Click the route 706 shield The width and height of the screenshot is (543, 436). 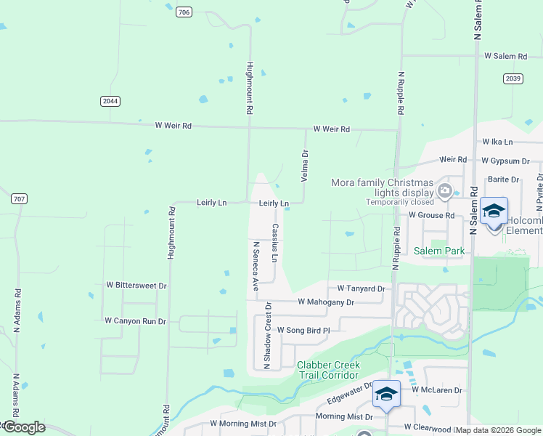click(184, 12)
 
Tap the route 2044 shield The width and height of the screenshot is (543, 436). click(110, 102)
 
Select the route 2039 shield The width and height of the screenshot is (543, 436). click(513, 78)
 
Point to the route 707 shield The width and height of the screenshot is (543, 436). click(19, 198)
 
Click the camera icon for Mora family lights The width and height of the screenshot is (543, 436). click(445, 192)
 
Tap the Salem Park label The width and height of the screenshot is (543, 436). click(438, 251)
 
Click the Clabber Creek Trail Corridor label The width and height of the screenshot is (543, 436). click(327, 370)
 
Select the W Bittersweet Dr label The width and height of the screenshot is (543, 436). click(136, 286)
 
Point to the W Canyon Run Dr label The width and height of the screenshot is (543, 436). click(135, 320)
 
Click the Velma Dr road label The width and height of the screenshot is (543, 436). click(305, 166)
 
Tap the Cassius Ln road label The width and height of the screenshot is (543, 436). click(275, 243)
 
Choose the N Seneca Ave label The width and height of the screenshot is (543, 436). click(256, 267)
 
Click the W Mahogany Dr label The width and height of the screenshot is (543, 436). click(326, 302)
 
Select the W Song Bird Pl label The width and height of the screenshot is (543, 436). click(303, 330)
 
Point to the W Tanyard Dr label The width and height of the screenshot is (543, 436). click(356, 288)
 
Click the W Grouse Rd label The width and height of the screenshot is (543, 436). click(430, 215)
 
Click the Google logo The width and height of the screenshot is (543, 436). click(24, 427)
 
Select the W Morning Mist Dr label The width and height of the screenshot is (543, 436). click(243, 423)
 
